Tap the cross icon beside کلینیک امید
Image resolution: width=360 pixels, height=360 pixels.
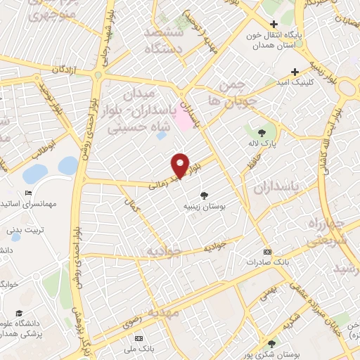point(295,71)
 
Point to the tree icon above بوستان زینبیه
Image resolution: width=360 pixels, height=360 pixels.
point(204,195)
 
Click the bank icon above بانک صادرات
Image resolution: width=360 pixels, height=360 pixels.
point(266,252)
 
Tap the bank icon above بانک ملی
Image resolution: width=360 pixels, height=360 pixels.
point(139,338)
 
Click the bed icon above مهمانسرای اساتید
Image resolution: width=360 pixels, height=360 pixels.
point(28,193)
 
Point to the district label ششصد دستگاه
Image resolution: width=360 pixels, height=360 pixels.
point(163,41)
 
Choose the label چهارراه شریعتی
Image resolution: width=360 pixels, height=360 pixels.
point(327,232)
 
